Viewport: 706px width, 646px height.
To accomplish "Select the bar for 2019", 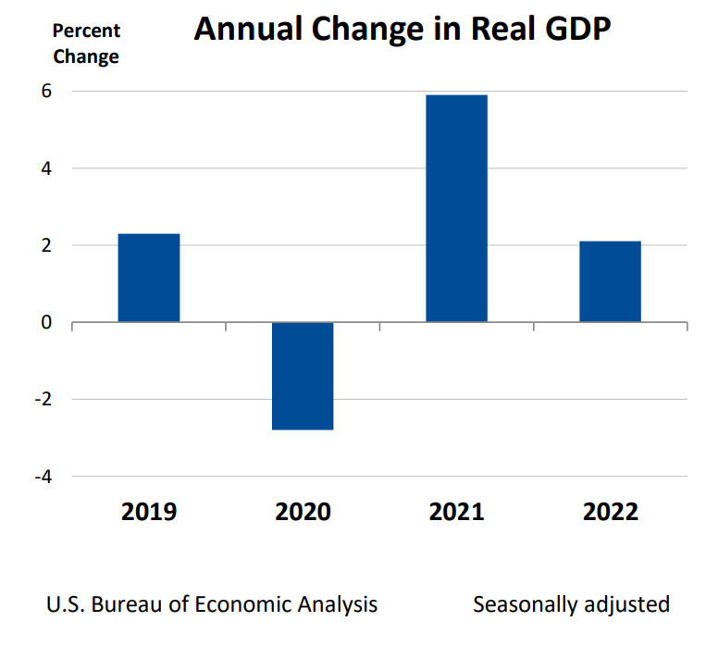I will click(x=149, y=278).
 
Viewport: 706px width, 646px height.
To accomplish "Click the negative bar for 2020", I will click(x=303, y=376).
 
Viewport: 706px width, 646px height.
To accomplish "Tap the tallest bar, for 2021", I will click(x=456, y=208).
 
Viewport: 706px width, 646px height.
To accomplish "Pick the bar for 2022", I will click(x=610, y=281).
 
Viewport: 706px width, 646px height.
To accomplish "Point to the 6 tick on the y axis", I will click(x=44, y=92).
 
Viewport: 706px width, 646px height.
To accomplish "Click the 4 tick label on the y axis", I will click(x=44, y=168).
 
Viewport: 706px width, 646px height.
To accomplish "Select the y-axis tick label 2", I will click(x=44, y=245).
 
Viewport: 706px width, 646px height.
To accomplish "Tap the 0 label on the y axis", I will click(x=44, y=322).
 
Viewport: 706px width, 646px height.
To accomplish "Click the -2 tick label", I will click(x=41, y=399).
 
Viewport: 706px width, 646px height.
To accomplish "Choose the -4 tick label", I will click(x=41, y=476).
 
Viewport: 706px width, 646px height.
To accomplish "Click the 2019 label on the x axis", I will click(x=149, y=512).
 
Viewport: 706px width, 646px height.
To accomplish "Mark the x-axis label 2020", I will click(x=303, y=512).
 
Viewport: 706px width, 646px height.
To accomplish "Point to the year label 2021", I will click(x=456, y=512).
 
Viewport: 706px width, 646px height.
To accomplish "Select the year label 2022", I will click(x=610, y=512).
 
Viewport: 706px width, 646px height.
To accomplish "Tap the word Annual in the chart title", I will click(x=247, y=30).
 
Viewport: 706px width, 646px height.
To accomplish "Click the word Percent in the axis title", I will click(x=86, y=31).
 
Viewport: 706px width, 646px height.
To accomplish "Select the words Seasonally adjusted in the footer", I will click(x=571, y=604).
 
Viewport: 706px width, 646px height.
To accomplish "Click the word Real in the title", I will click(x=494, y=30).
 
